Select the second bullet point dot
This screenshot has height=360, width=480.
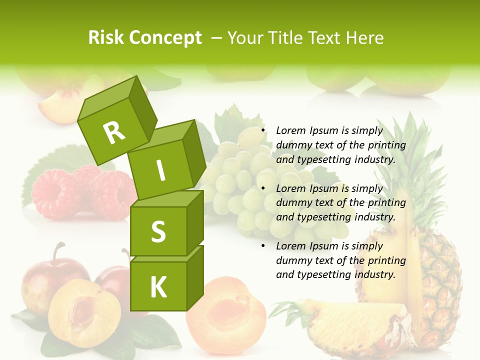tap(262, 188)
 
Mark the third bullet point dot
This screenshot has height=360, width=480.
tap(262, 246)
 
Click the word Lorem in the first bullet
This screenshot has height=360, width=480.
tap(290, 130)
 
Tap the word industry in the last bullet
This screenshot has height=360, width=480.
tap(375, 274)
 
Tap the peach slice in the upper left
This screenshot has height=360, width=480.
tap(55, 102)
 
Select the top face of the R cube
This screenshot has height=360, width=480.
tap(107, 98)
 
